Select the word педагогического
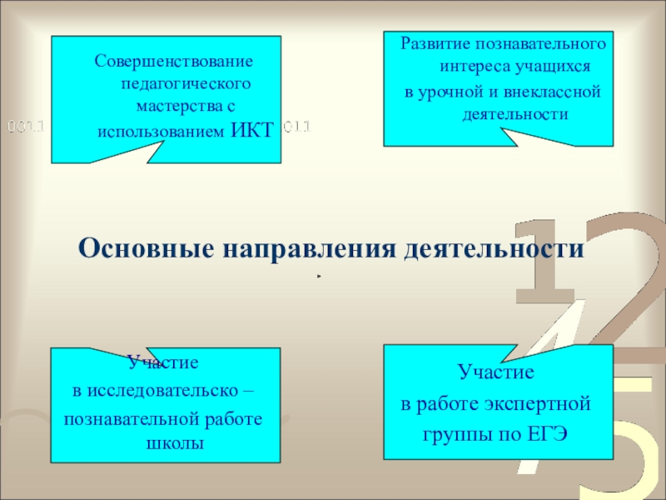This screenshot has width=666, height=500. point(186,84)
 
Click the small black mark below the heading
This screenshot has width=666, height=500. point(318,276)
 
